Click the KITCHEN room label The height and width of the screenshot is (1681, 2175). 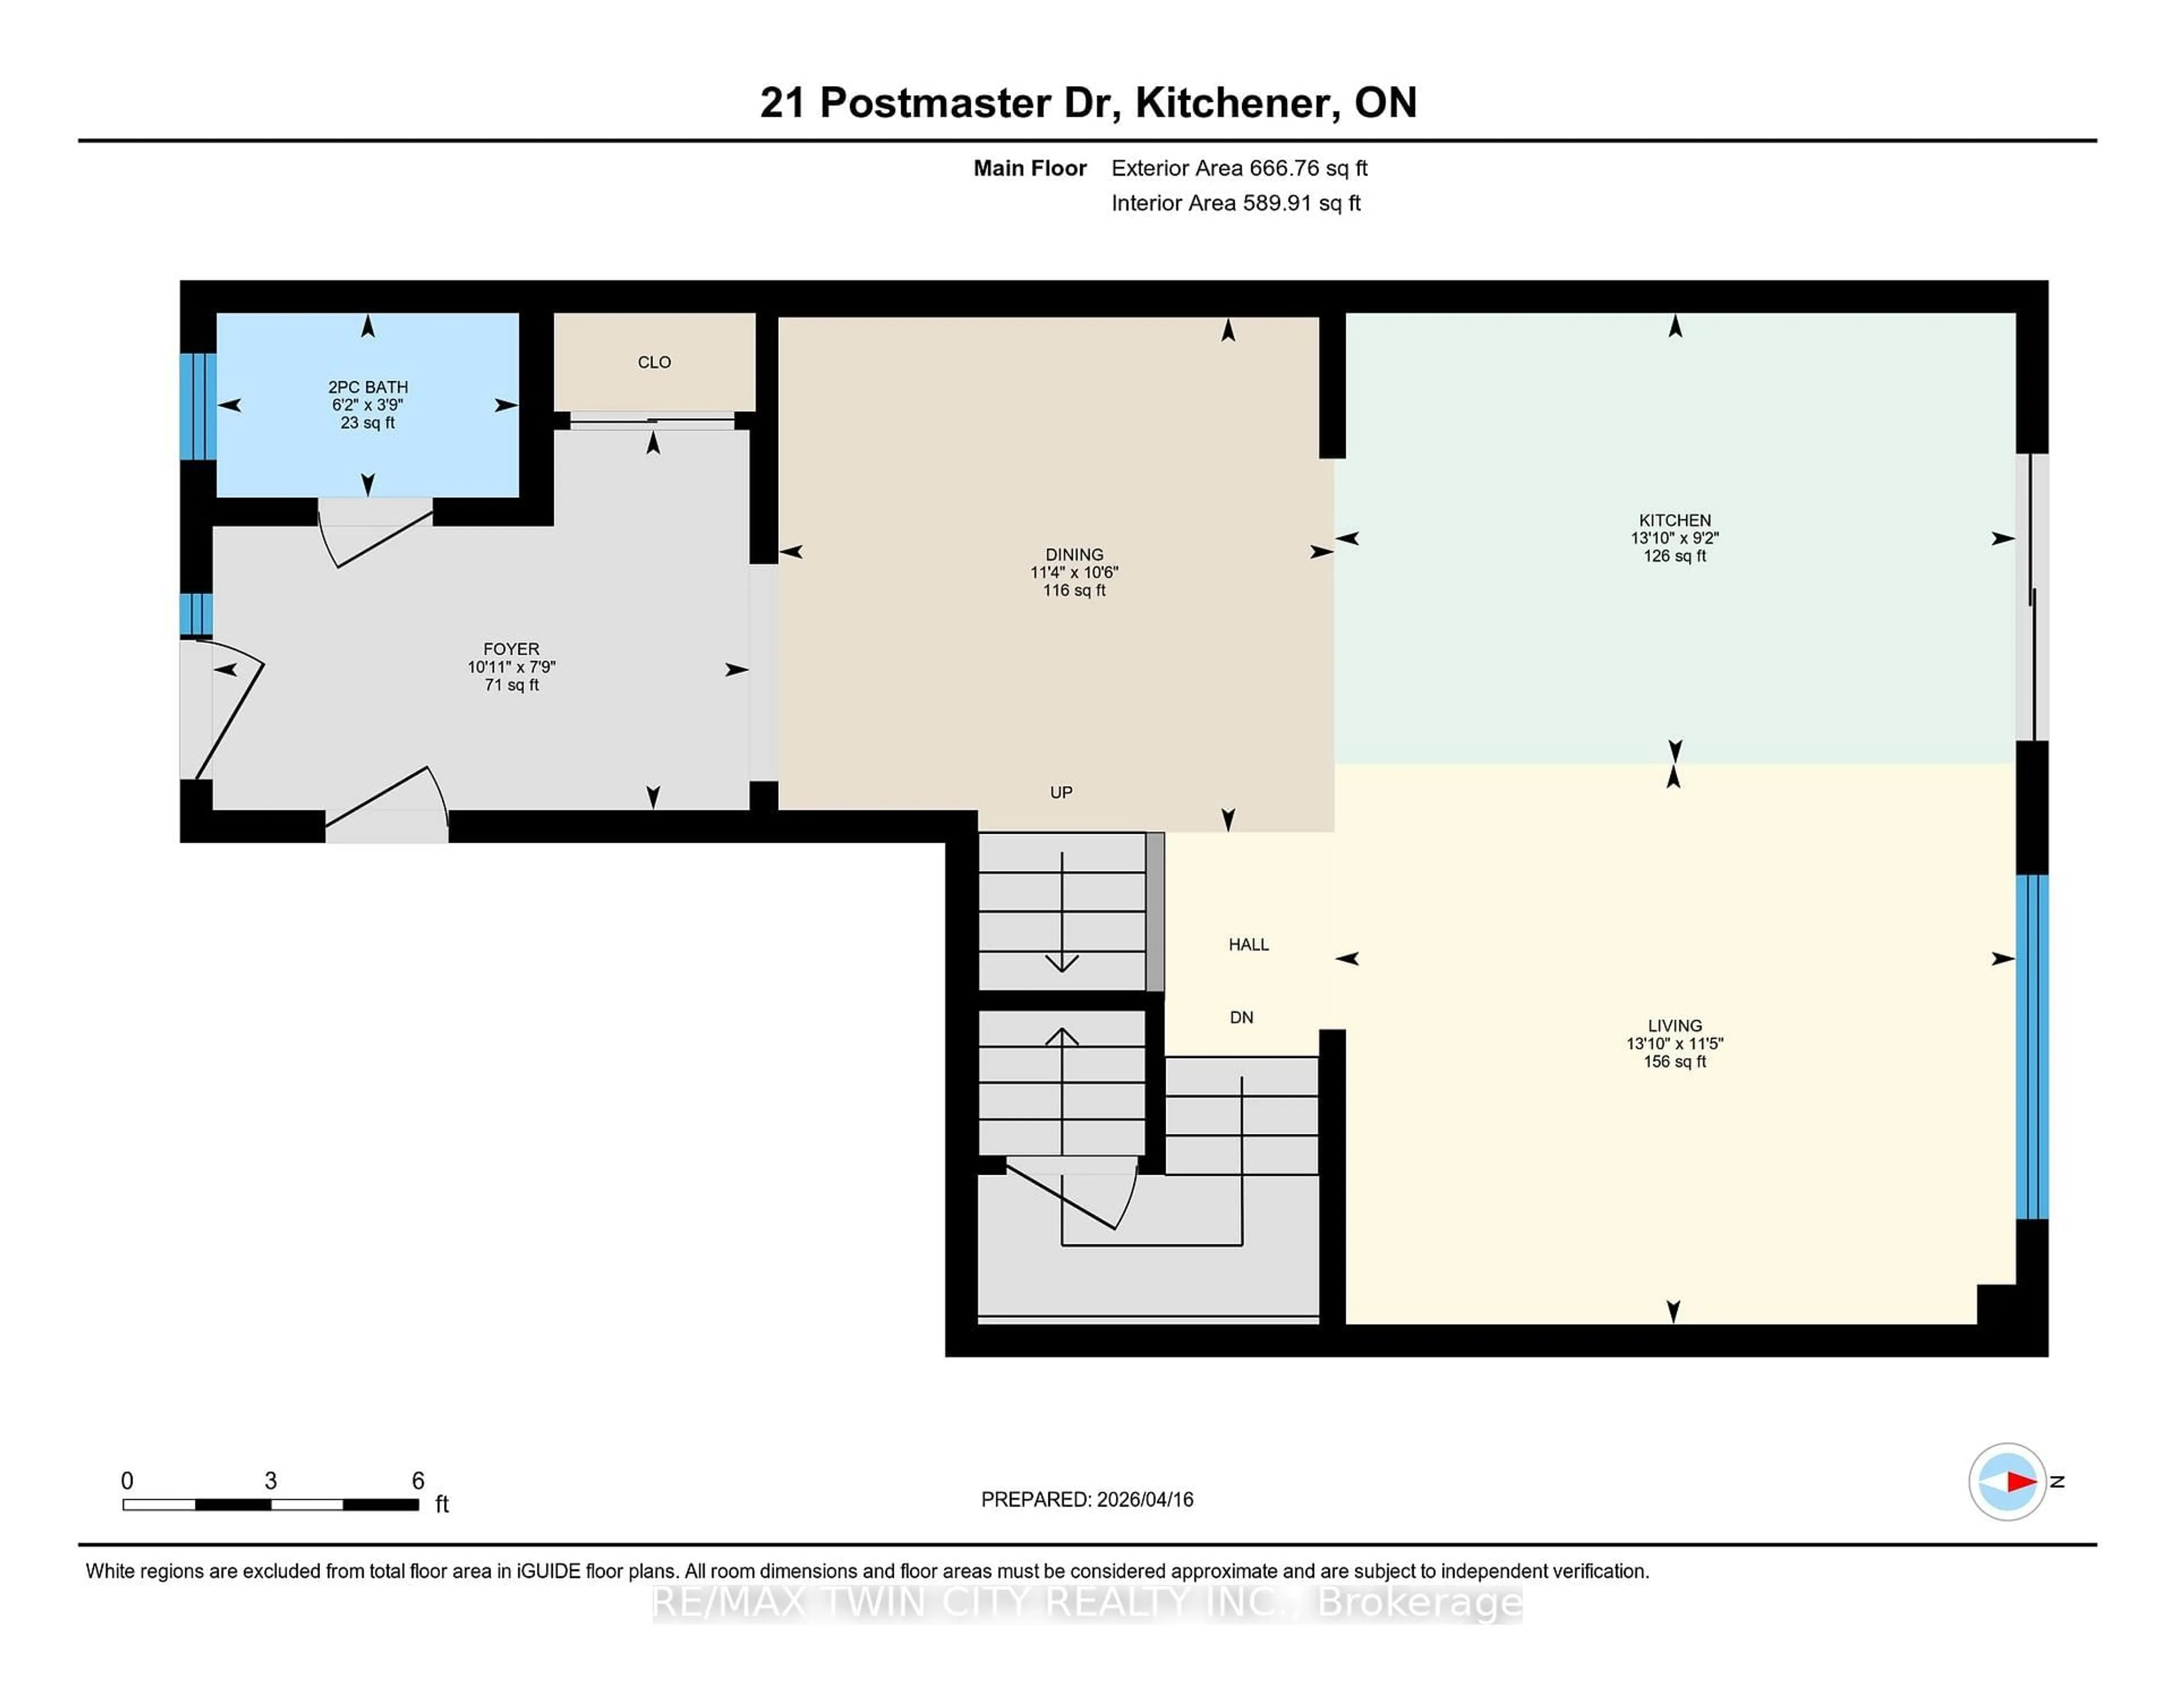1674,520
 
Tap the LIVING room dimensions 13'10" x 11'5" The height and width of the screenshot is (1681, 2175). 1674,1044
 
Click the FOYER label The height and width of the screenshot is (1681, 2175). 511,649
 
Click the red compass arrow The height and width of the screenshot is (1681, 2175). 2020,1482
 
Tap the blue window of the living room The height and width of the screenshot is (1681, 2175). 2032,1046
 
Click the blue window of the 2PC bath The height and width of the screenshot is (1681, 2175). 197,406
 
